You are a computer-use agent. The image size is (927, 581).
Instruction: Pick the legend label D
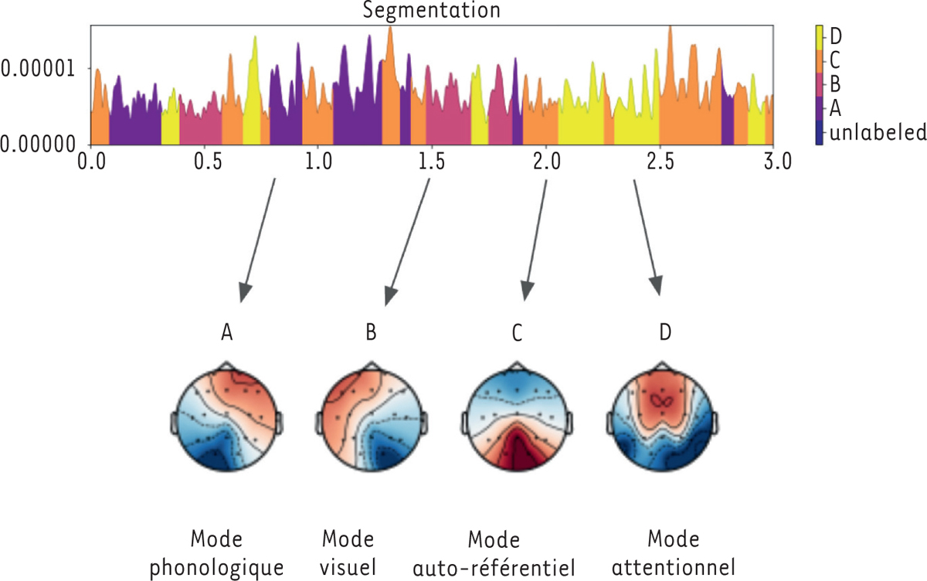click(837, 35)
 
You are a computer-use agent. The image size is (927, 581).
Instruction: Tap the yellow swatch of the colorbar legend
click(820, 36)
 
